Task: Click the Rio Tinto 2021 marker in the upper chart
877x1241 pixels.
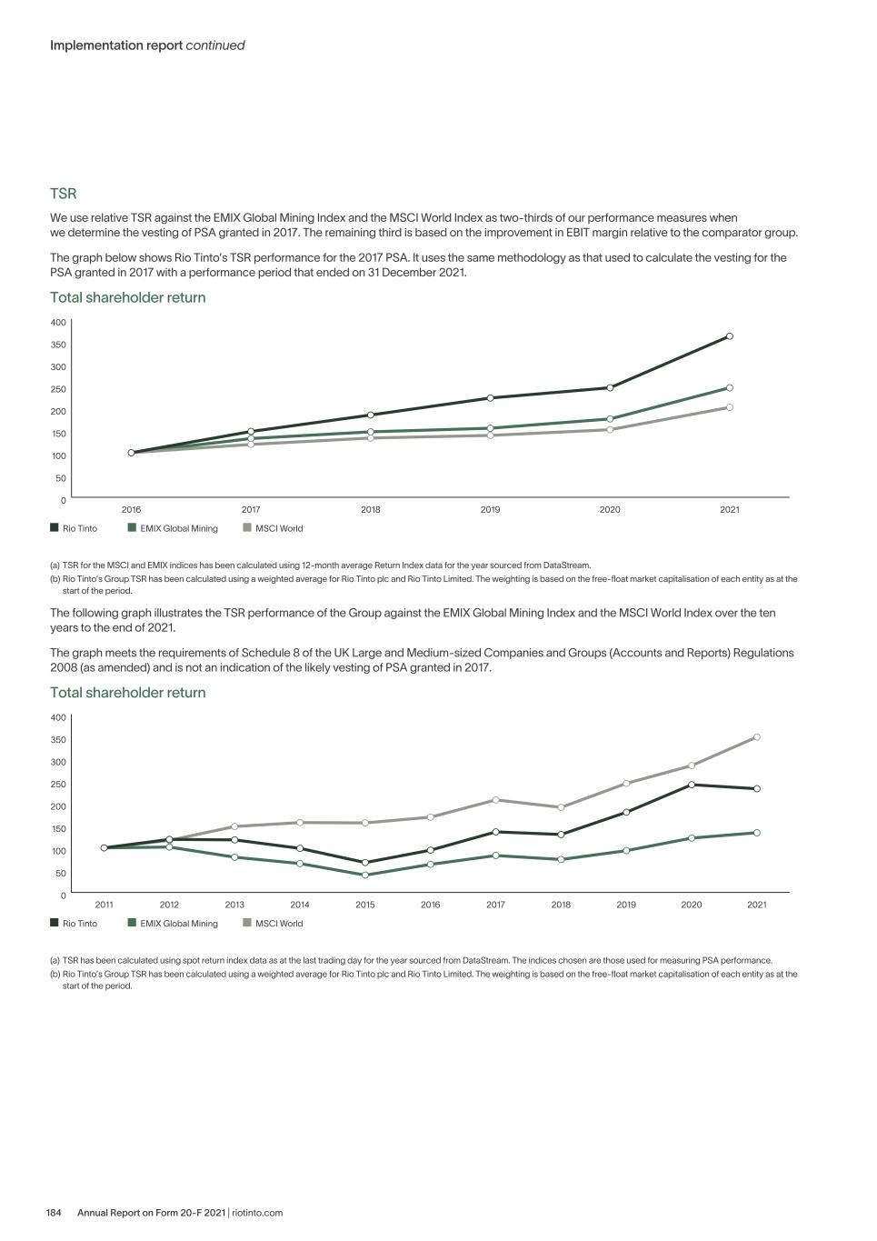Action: point(730,336)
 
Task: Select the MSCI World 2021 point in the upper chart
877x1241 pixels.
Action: point(730,407)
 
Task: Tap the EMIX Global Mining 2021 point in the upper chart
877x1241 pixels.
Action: point(730,388)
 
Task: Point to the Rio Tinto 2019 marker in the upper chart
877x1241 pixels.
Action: point(491,398)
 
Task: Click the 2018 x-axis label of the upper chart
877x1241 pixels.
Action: point(371,510)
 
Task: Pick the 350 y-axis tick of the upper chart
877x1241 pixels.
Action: point(58,345)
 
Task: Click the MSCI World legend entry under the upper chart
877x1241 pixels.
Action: point(274,528)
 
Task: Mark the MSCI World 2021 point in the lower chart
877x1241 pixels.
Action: point(757,737)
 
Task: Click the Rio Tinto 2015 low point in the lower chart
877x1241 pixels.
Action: point(365,862)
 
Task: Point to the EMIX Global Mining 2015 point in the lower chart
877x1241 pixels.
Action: point(365,876)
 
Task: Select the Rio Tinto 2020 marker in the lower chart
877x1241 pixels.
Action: point(692,785)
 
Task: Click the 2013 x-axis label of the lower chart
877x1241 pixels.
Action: point(234,906)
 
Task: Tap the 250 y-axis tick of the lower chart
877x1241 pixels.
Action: point(58,785)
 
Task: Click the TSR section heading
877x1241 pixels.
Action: point(64,194)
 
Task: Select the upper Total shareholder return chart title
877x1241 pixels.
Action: point(127,297)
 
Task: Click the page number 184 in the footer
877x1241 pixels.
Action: point(54,1213)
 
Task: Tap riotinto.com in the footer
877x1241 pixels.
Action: point(257,1213)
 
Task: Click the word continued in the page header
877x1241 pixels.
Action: point(215,45)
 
